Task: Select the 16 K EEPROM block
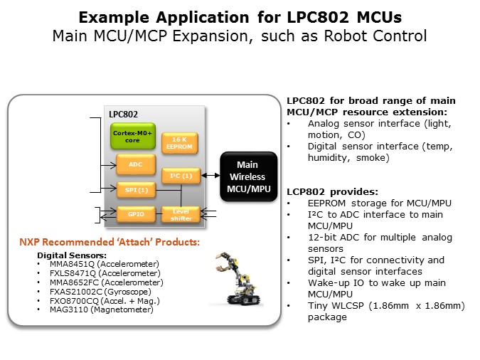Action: pos(176,142)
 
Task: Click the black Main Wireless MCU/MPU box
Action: pos(249,176)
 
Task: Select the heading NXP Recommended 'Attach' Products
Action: pos(110,243)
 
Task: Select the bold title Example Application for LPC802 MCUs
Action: pos(239,16)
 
